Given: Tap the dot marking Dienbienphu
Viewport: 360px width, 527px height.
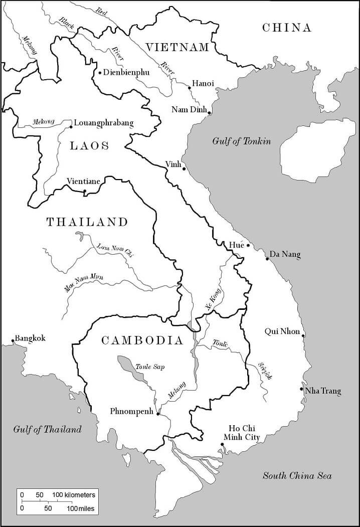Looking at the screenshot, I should point(100,73).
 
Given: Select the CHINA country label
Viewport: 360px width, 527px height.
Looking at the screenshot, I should point(287,28).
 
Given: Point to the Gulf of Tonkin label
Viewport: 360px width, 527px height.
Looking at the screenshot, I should point(241,141).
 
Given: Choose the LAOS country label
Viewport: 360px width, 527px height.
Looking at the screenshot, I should point(89,146).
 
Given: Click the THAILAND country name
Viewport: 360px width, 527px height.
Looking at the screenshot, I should point(87,222).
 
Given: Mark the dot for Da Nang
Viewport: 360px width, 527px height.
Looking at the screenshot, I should point(267,259).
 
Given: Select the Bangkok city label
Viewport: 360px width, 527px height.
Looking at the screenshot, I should point(30,338).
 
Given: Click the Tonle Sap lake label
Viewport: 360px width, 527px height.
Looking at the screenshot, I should point(150,367).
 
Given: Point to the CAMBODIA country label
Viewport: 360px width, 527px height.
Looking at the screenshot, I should point(142,341).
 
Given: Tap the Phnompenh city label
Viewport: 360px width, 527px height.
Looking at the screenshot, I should point(131,412).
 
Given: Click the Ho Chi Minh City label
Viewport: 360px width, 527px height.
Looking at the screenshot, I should point(244,433).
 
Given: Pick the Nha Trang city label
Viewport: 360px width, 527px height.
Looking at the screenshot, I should point(323,391).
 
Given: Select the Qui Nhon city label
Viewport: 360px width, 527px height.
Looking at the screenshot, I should point(282,331).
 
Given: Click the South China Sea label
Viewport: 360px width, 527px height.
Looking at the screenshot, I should point(297,476).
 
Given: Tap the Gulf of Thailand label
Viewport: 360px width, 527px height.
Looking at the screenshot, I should point(47,429).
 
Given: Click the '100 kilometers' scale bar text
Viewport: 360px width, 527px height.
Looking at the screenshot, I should point(73,494).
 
